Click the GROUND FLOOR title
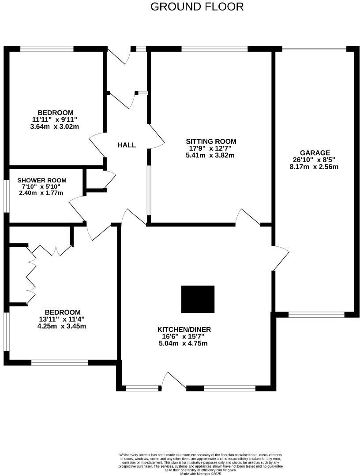coord(197,7)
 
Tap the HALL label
coord(127,145)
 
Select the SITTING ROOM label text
coord(211,141)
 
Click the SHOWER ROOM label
coord(42,180)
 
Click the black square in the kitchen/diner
coord(198,299)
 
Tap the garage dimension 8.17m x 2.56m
coord(314,167)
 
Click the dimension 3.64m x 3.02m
coord(55,126)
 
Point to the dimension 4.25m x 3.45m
coord(62,326)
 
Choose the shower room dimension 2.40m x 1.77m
coord(41,193)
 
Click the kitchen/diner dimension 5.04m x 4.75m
coord(184,343)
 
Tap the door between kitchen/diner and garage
coord(280,258)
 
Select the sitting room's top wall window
coord(214,49)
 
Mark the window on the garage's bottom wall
coord(316,314)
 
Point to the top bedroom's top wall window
coord(47,49)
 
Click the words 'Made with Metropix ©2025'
coord(200,474)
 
